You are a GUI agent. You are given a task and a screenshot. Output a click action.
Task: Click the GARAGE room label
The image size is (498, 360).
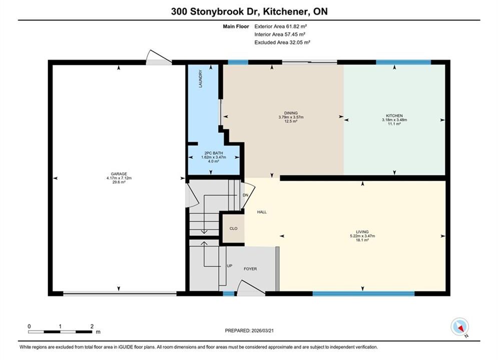[119, 174]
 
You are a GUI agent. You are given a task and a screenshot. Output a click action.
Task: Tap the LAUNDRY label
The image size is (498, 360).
[200, 78]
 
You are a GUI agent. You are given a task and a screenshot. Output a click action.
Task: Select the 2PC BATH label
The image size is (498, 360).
[214, 153]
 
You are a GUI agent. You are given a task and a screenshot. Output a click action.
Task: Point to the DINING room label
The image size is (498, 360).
[291, 113]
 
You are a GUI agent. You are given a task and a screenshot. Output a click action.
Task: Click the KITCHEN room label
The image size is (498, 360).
[394, 116]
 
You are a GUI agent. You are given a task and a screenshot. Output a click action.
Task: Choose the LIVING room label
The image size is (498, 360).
[362, 232]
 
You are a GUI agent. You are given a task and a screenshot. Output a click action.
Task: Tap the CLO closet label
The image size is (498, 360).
[233, 228]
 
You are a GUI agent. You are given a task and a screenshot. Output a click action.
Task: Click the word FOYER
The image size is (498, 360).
[250, 268]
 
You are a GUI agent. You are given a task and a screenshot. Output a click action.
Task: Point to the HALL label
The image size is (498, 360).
[262, 212]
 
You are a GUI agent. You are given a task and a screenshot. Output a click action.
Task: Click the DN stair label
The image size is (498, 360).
[246, 195]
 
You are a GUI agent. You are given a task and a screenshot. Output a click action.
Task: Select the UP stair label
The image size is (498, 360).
[230, 266]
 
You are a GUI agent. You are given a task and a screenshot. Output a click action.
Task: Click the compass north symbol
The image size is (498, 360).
[459, 326]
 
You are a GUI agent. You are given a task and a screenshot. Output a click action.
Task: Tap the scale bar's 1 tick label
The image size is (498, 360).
[60, 326]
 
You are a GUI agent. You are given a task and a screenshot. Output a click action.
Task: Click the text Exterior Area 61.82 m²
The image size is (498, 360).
[280, 26]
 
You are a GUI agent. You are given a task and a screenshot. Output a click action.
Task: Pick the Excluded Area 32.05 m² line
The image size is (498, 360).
[282, 42]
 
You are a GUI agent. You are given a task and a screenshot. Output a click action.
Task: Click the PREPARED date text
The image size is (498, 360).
[249, 330]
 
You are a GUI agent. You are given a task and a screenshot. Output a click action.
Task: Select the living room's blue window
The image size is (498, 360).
[364, 293]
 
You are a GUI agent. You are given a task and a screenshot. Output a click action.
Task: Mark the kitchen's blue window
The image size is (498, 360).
[403, 62]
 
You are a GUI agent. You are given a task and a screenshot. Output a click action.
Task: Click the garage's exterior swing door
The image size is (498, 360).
[159, 57]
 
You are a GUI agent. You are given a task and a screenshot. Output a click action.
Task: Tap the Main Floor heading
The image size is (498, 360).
[236, 26]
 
